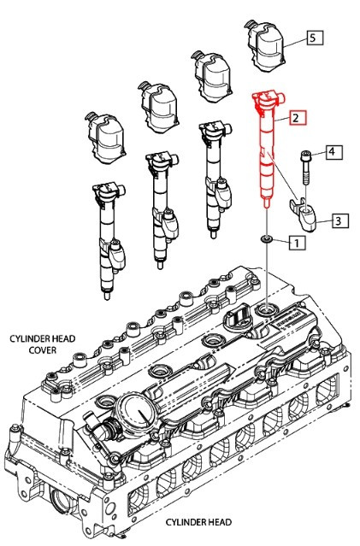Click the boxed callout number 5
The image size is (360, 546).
(313, 38)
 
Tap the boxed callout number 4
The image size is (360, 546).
(333, 153)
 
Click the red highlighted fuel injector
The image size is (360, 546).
(268, 154)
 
